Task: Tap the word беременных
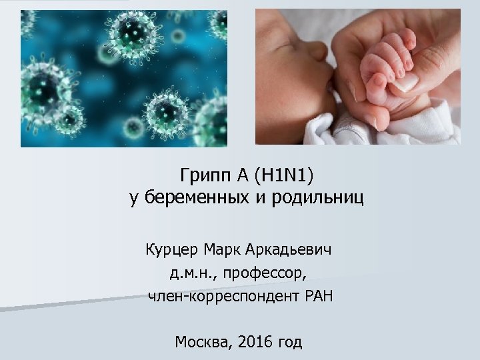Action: tap(186, 199)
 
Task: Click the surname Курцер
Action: tap(170, 251)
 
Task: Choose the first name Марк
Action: tap(224, 251)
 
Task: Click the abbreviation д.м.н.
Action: tap(193, 273)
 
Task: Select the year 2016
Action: tap(257, 343)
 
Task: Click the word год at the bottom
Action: tap(289, 343)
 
